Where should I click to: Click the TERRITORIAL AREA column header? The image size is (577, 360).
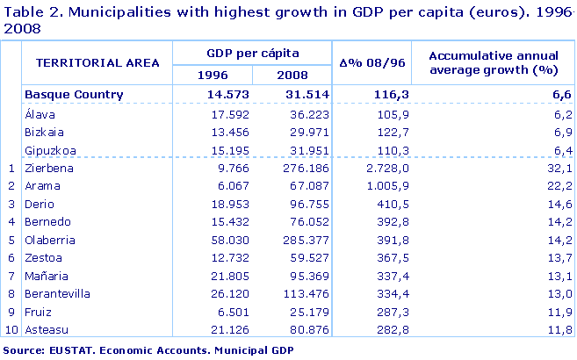(x=97, y=62)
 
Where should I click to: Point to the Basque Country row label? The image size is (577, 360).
(x=74, y=95)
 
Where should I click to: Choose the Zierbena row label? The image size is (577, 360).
(x=49, y=167)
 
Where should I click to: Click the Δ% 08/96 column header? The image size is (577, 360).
(x=371, y=62)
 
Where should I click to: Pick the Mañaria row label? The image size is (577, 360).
(x=48, y=276)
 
